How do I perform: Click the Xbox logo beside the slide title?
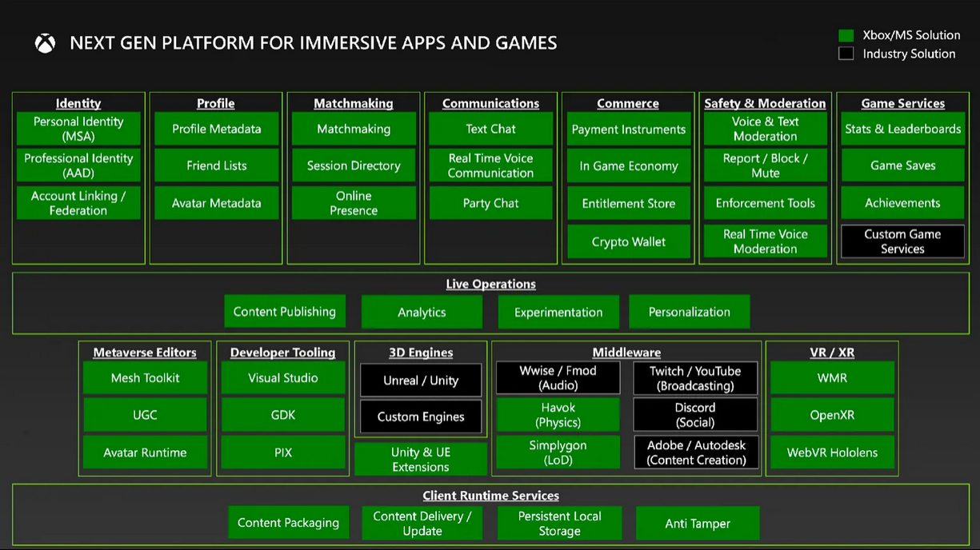(45, 43)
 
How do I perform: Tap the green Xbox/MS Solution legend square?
(846, 35)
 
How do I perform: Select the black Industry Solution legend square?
(846, 54)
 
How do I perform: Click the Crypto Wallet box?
(629, 241)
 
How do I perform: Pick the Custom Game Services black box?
(902, 241)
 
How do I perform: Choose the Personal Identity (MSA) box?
(78, 129)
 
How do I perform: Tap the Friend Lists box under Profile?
(217, 165)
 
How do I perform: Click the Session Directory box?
(354, 165)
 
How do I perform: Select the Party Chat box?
(491, 203)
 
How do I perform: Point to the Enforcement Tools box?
(765, 203)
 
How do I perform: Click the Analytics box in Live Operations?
(422, 312)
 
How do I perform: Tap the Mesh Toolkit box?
(146, 378)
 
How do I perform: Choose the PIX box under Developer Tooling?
(283, 452)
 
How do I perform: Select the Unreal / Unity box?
(421, 381)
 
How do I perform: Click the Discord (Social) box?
(695, 414)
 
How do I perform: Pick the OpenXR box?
(832, 414)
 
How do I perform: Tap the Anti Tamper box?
(698, 523)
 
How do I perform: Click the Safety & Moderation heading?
(765, 103)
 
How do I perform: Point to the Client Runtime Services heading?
(491, 496)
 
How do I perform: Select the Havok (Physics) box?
(558, 414)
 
